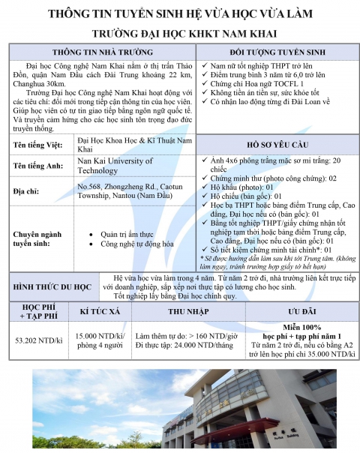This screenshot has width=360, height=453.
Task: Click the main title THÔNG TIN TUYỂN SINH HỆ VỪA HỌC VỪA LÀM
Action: pyautogui.click(x=180, y=14)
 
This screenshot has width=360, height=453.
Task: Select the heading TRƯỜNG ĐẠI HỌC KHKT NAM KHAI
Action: pyautogui.click(x=180, y=34)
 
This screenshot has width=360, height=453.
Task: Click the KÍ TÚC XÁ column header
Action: pyautogui.click(x=100, y=311)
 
